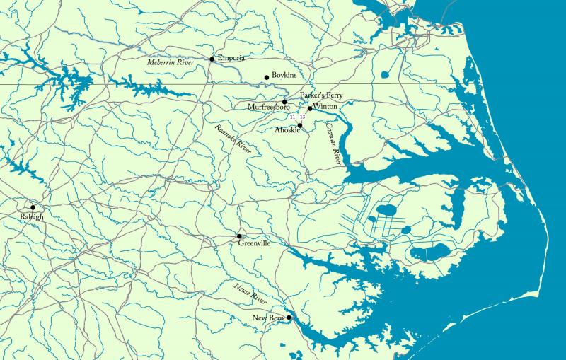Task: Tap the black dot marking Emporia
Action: [x=212, y=59]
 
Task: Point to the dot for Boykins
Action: [x=267, y=77]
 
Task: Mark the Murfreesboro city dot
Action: [x=285, y=102]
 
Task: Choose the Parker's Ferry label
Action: [x=320, y=95]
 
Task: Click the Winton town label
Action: [x=325, y=106]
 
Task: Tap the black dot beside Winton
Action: [x=309, y=108]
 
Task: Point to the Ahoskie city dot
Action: [x=300, y=126]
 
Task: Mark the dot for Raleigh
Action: [x=33, y=207]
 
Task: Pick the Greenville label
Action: [x=254, y=243]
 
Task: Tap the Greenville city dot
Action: [x=239, y=236]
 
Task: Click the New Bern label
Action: [x=267, y=319]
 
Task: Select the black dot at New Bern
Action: [x=289, y=318]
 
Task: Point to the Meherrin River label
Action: [x=170, y=63]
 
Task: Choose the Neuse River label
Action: [x=250, y=293]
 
